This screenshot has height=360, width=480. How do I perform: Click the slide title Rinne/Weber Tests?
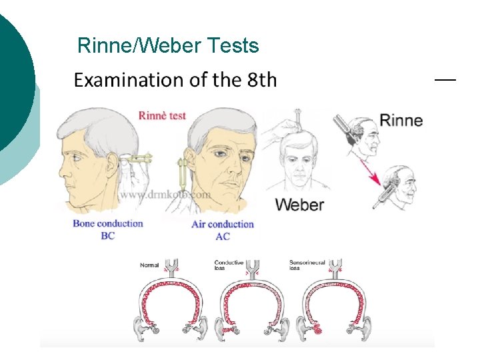tap(168, 45)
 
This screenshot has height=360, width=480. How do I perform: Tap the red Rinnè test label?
tap(162, 115)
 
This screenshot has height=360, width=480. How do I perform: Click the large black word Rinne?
tap(401, 121)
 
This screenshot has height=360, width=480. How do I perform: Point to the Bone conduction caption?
tap(108, 223)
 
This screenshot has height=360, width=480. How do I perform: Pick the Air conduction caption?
tap(223, 224)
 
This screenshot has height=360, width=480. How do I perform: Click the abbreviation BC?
tap(107, 236)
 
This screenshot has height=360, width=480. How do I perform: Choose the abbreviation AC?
tap(223, 237)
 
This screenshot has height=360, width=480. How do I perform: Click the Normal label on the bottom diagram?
tap(149, 265)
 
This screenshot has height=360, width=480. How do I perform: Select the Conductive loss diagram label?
tap(229, 265)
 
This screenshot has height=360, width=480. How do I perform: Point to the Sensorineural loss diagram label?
tap(307, 265)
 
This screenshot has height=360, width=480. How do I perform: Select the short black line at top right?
tap(445, 79)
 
